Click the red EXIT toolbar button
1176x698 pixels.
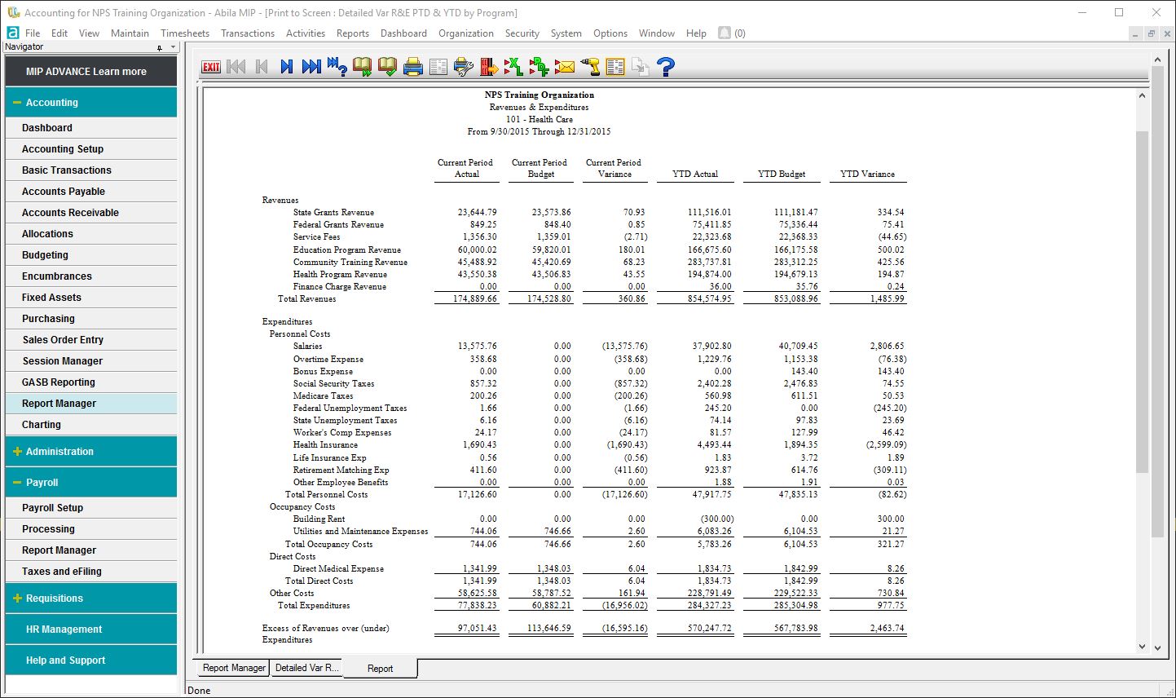click(x=211, y=67)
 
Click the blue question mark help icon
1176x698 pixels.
click(x=666, y=67)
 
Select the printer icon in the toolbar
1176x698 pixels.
click(x=413, y=67)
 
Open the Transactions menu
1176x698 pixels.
click(x=248, y=33)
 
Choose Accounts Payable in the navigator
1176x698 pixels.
click(x=64, y=192)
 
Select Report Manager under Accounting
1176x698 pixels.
click(x=59, y=404)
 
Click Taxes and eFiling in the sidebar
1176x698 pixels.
click(x=62, y=572)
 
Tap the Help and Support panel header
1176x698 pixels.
click(x=65, y=660)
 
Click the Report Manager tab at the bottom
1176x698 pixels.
click(x=234, y=668)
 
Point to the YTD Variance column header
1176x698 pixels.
click(x=867, y=174)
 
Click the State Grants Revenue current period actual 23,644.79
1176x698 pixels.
click(x=477, y=212)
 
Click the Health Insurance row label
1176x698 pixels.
click(x=325, y=445)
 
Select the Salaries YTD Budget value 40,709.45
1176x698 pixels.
click(x=798, y=347)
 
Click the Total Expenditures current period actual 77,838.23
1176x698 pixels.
click(x=477, y=606)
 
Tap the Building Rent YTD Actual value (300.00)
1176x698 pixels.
click(x=717, y=519)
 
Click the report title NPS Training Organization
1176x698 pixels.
click(x=540, y=95)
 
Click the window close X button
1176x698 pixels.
click(x=1156, y=12)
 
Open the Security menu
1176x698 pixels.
click(x=522, y=33)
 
